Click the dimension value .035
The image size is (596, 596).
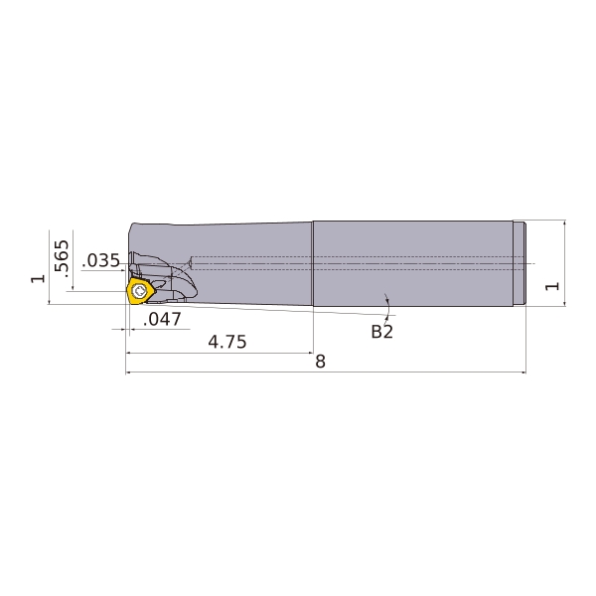pos(101,261)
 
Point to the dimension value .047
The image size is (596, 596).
pos(162,319)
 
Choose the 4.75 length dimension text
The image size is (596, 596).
pos(226,342)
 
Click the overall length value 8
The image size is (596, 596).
pos(320,362)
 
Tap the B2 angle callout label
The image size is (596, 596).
pos(381,332)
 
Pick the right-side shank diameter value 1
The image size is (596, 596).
pos(553,285)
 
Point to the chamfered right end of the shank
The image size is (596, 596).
pos(521,262)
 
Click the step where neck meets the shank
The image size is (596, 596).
pos(314,262)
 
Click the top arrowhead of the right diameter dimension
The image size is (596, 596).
pos(564,223)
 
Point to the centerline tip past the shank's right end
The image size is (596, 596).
pos(533,263)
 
